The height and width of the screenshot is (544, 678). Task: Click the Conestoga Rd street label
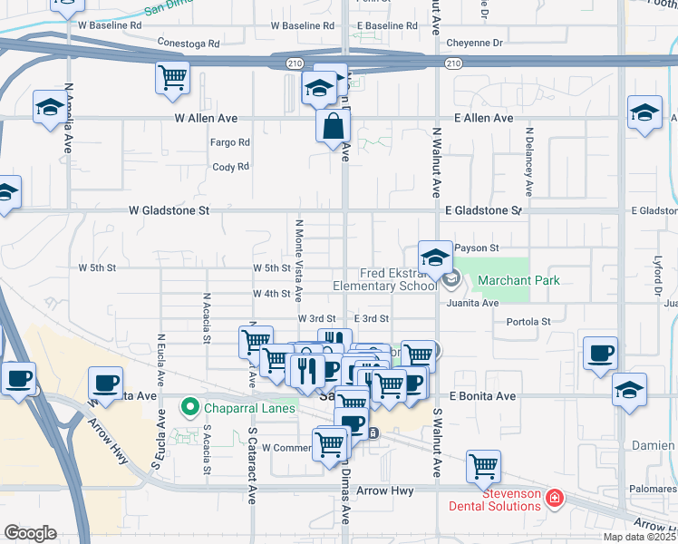click(x=189, y=43)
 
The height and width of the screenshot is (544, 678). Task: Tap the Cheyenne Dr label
click(x=472, y=43)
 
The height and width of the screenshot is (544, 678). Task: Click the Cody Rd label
click(x=230, y=167)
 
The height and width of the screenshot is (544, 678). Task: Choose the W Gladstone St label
click(x=169, y=209)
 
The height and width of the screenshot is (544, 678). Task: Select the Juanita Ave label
click(x=471, y=303)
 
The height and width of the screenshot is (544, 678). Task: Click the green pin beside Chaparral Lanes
click(x=190, y=408)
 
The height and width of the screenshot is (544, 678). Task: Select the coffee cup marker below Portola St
click(x=600, y=353)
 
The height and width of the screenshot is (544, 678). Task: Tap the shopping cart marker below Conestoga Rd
click(x=172, y=76)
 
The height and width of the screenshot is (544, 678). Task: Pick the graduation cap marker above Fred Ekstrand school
click(x=435, y=257)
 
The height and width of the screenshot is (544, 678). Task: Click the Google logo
click(x=30, y=533)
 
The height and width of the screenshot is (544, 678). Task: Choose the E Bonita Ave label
click(x=483, y=396)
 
